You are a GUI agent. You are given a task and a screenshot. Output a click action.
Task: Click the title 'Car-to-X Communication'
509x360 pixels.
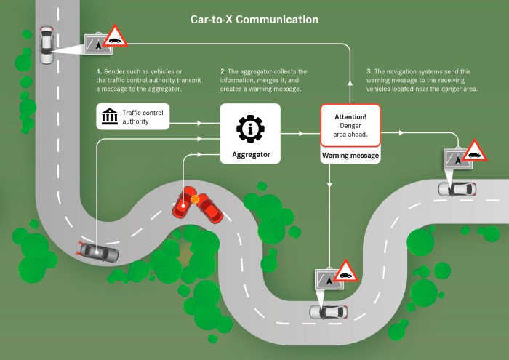tap(254, 19)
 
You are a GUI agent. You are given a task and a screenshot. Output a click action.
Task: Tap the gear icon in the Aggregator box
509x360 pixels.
tap(250, 129)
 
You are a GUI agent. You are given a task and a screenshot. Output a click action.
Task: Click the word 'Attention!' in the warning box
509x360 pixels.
tap(350, 116)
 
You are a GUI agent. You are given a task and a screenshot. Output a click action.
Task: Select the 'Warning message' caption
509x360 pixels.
tap(350, 156)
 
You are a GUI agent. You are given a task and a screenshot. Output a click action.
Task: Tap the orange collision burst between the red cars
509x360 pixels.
tap(193, 199)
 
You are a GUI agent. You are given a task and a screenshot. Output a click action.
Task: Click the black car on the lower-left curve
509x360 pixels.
tap(99, 252)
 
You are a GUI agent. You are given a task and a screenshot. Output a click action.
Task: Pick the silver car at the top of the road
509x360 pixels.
tap(47, 45)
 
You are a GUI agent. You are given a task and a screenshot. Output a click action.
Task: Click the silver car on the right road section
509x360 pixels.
tap(457, 189)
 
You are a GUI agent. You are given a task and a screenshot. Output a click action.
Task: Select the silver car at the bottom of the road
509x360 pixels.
tap(328, 311)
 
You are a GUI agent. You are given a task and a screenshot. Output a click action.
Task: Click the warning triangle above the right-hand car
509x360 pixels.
tap(475, 151)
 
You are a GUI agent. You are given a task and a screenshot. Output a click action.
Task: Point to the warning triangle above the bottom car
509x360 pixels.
tap(345, 271)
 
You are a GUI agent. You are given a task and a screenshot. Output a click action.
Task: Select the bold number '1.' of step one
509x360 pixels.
tap(100, 72)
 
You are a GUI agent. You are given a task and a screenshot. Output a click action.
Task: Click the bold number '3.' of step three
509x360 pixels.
tap(369, 72)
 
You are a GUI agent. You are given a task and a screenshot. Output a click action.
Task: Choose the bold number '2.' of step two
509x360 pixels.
tap(223, 72)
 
